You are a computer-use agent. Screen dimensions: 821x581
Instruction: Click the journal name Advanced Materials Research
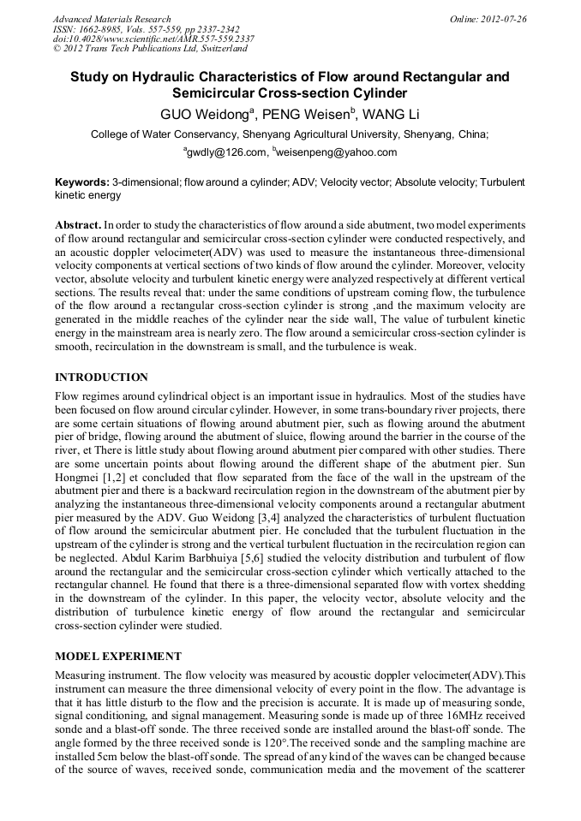click(x=111, y=19)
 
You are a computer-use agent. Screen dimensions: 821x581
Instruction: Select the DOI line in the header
click(x=153, y=39)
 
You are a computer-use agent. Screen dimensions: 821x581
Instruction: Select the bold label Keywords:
click(x=81, y=183)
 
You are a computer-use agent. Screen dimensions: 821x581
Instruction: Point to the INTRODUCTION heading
click(x=101, y=378)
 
